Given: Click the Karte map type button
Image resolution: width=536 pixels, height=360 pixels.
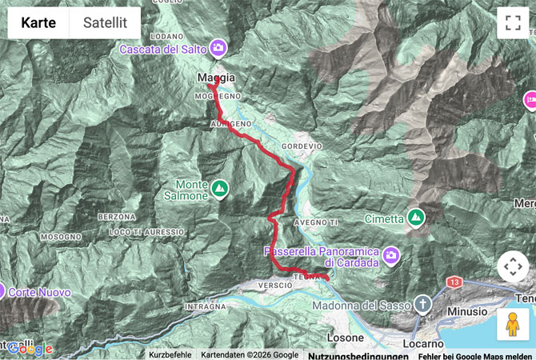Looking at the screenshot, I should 38,23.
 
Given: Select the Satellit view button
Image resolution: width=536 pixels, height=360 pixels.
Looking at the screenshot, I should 105,23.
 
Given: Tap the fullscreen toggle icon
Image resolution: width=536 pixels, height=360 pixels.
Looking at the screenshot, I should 512,23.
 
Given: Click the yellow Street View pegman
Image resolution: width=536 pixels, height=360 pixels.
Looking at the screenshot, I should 512,324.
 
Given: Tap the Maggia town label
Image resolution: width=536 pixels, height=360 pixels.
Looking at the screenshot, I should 216,78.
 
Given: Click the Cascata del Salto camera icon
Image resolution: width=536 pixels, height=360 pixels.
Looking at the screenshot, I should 218,50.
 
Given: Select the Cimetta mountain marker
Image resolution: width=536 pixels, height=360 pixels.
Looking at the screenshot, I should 415,217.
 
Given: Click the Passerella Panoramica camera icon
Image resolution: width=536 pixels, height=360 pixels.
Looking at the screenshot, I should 390,256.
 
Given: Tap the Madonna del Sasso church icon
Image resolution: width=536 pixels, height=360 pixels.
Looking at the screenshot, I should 422,304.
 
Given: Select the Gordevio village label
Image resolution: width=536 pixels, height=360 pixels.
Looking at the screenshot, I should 302,146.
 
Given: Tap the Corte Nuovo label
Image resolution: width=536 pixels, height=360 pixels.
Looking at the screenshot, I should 39,293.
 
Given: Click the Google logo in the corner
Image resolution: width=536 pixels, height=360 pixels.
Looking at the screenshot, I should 30,349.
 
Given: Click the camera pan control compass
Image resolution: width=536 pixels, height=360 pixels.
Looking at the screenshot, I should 512,267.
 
